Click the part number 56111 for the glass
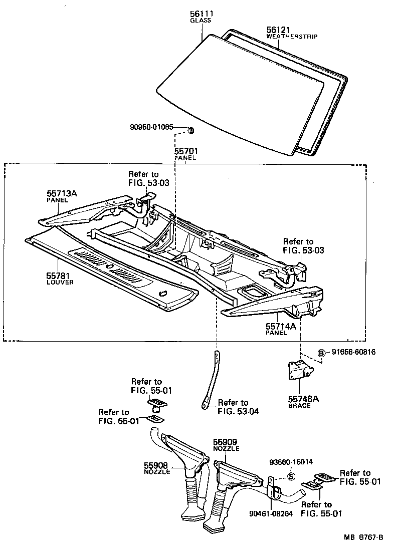(201, 14)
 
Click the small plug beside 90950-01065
(190, 131)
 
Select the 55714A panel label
(281, 326)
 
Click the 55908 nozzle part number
(157, 465)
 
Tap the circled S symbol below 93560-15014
(290, 476)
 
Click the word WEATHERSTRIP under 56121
(292, 37)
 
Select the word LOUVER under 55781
(60, 283)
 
